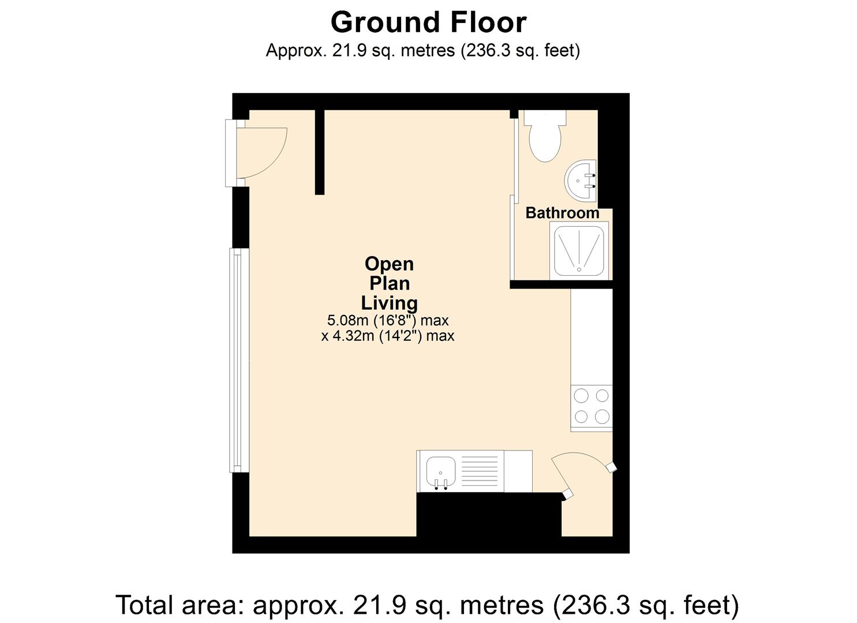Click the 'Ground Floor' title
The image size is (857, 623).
click(428, 23)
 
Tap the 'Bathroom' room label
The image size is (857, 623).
click(562, 213)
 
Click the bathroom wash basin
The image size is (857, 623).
click(580, 180)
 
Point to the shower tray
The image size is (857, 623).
click(579, 251)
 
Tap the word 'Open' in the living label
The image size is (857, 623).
click(389, 264)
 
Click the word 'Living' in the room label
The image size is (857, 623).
click(389, 303)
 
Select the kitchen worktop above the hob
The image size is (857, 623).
click(591, 336)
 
